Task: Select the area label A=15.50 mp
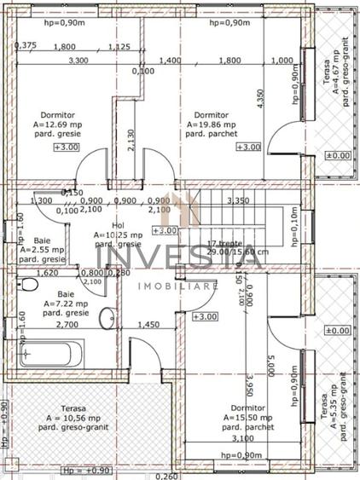[x=248, y=419]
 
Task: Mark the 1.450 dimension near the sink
[x=148, y=325]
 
